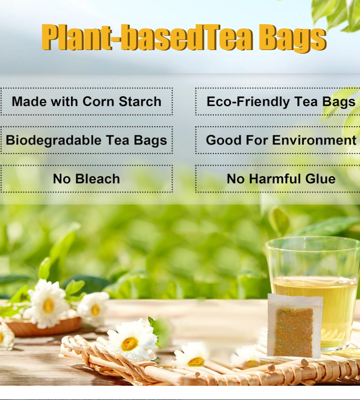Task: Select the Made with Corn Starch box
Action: [x=87, y=101]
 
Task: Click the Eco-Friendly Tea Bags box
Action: [x=278, y=101]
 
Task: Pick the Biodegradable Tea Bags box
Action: [x=87, y=140]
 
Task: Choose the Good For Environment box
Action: [x=278, y=140]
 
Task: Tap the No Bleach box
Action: [x=87, y=179]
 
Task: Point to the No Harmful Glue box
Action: [x=278, y=179]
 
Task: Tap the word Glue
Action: [x=320, y=179]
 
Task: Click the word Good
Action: [x=222, y=140]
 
